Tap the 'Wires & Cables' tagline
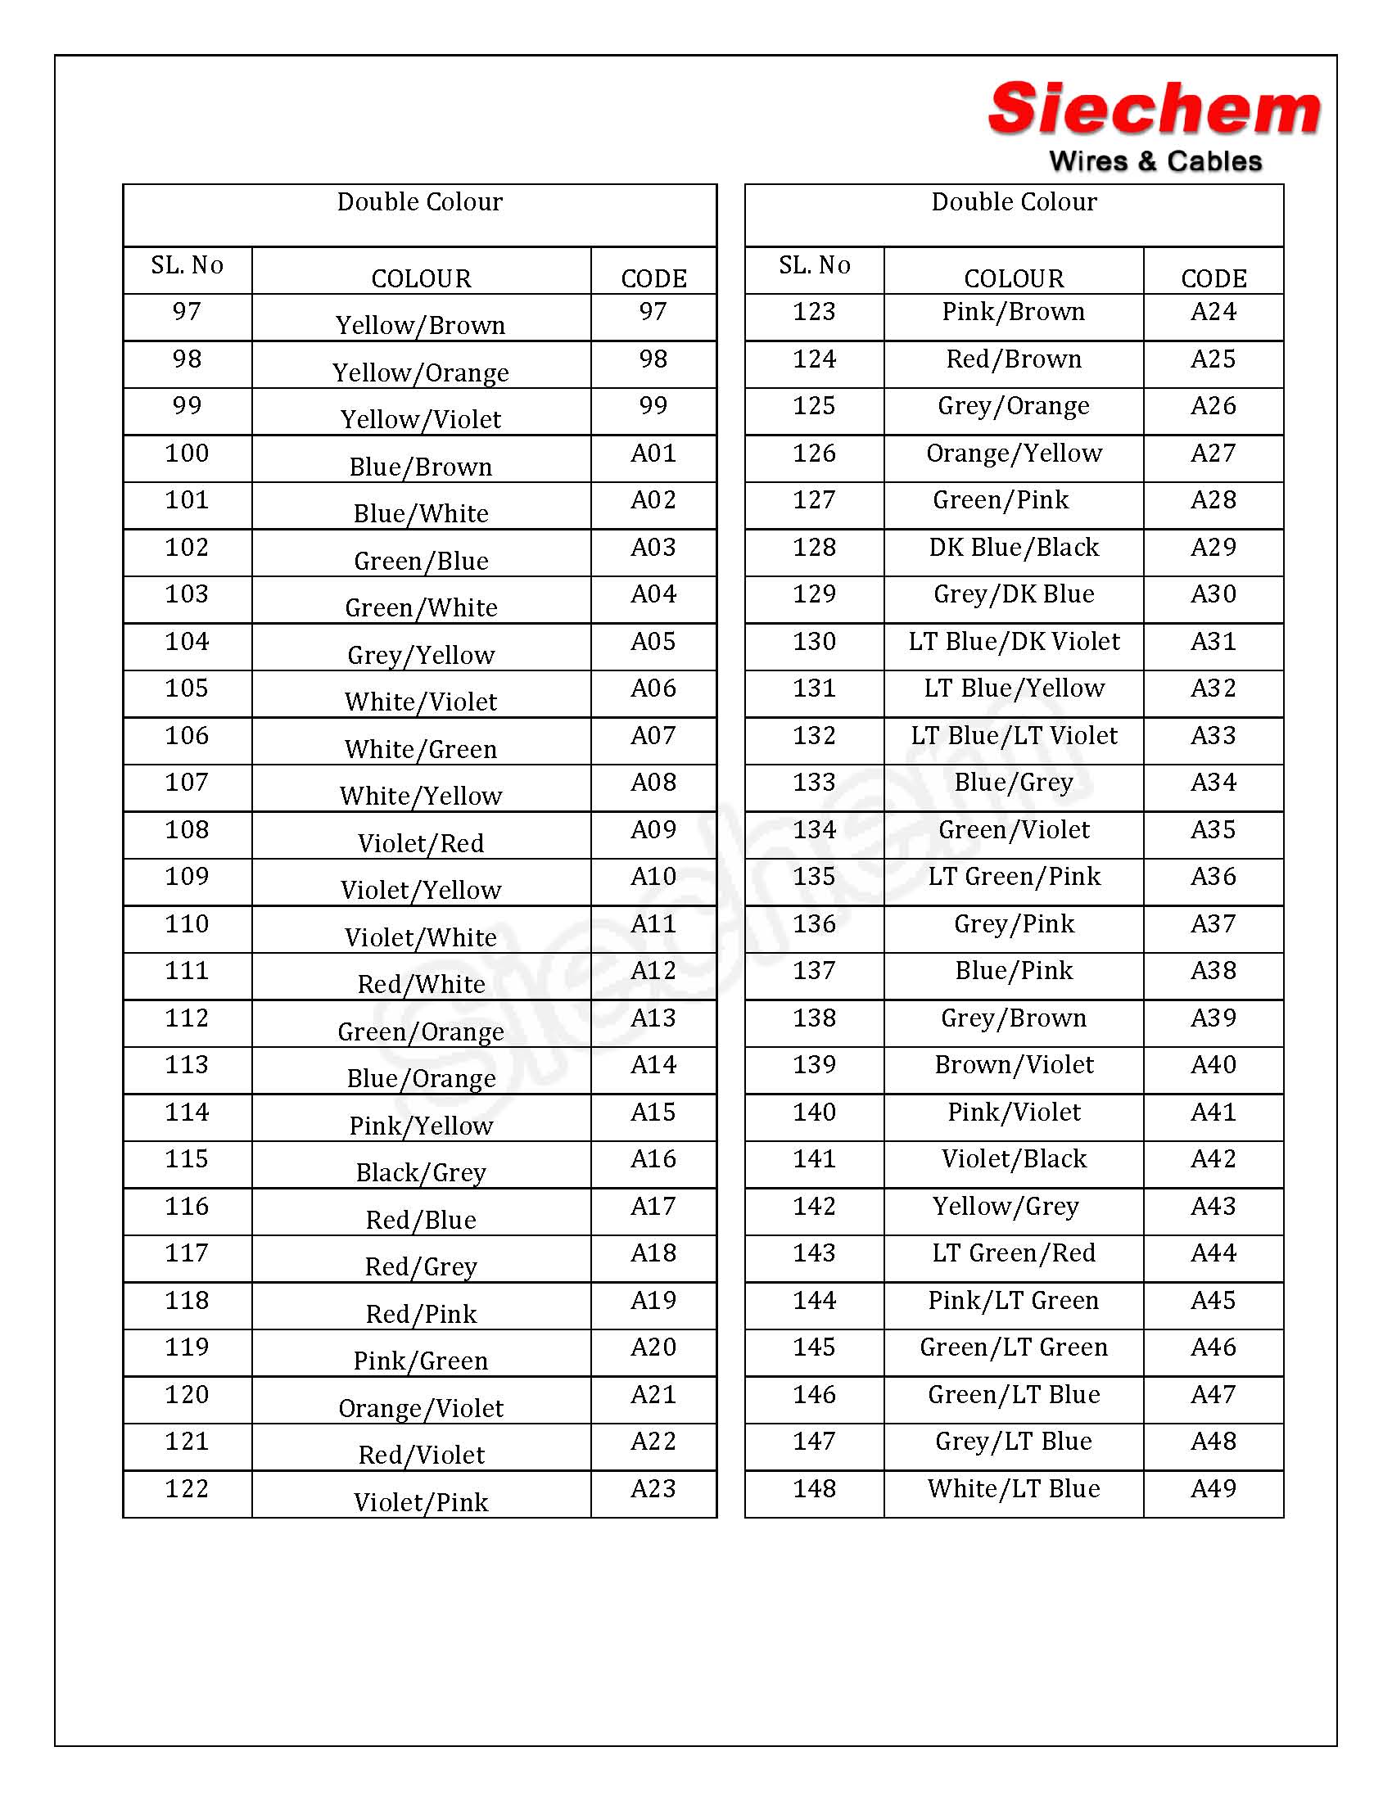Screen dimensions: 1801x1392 pyautogui.click(x=1155, y=161)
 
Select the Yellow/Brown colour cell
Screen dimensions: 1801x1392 pyautogui.click(x=421, y=325)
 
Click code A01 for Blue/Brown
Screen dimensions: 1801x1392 pyautogui.click(x=653, y=454)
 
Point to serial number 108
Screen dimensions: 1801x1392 pyautogui.click(x=188, y=829)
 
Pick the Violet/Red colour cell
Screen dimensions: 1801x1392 pyautogui.click(x=421, y=842)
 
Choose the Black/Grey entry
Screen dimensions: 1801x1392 pyautogui.click(x=421, y=1171)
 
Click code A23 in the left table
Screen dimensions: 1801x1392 pyautogui.click(x=653, y=1488)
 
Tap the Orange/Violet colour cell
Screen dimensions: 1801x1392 pyautogui.click(x=421, y=1408)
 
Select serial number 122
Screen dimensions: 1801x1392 pyautogui.click(x=188, y=1488)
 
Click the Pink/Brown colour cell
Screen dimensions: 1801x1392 pyautogui.click(x=1014, y=312)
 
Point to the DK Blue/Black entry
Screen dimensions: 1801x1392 pyautogui.click(x=1014, y=548)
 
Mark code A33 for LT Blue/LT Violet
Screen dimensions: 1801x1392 pyautogui.click(x=1213, y=736)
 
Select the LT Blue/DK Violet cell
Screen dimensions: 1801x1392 pyautogui.click(x=1014, y=642)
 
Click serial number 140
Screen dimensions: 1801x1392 pyautogui.click(x=814, y=1112)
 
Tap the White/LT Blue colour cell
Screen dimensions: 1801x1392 pyautogui.click(x=1014, y=1488)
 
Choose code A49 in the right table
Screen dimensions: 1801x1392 pyautogui.click(x=1213, y=1488)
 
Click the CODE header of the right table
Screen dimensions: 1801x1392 pyautogui.click(x=1213, y=278)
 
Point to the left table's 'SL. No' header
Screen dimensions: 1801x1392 pyautogui.click(x=188, y=265)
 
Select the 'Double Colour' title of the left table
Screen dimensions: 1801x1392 pyautogui.click(x=420, y=202)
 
